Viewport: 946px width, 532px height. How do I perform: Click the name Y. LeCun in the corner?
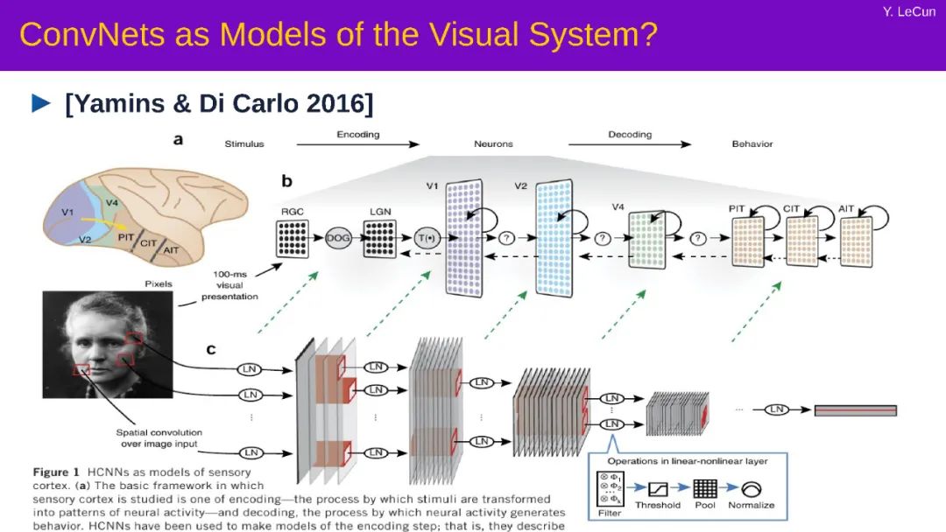click(x=910, y=11)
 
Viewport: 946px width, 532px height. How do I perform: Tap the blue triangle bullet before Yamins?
click(x=41, y=103)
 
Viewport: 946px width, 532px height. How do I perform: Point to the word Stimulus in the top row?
click(x=244, y=143)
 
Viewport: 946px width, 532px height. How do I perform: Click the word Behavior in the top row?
click(x=752, y=143)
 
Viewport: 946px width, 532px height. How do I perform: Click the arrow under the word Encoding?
click(x=358, y=145)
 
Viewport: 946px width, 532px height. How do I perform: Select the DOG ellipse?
click(x=338, y=238)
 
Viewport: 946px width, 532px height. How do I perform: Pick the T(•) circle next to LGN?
click(x=425, y=238)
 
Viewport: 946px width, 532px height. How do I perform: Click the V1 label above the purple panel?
click(x=431, y=186)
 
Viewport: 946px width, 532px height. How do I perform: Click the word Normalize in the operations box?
click(x=751, y=505)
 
